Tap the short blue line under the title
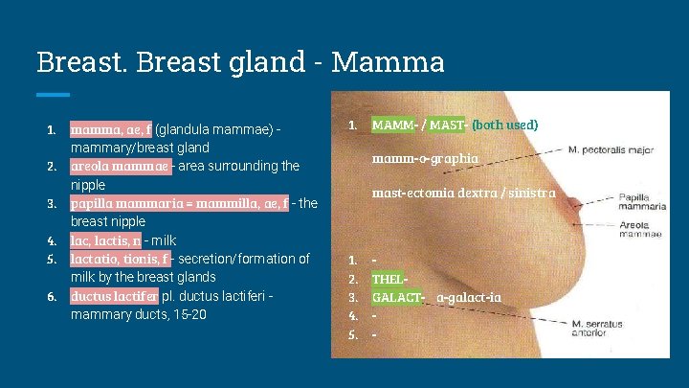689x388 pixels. pos(53,94)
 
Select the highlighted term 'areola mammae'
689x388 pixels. pos(121,167)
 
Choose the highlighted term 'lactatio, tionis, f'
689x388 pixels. pos(121,259)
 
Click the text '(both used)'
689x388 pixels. pos(505,125)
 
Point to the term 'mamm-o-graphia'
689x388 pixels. pos(426,158)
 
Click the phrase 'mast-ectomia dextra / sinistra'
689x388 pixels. pos(463,193)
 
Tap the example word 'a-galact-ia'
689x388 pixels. pos(469,297)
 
